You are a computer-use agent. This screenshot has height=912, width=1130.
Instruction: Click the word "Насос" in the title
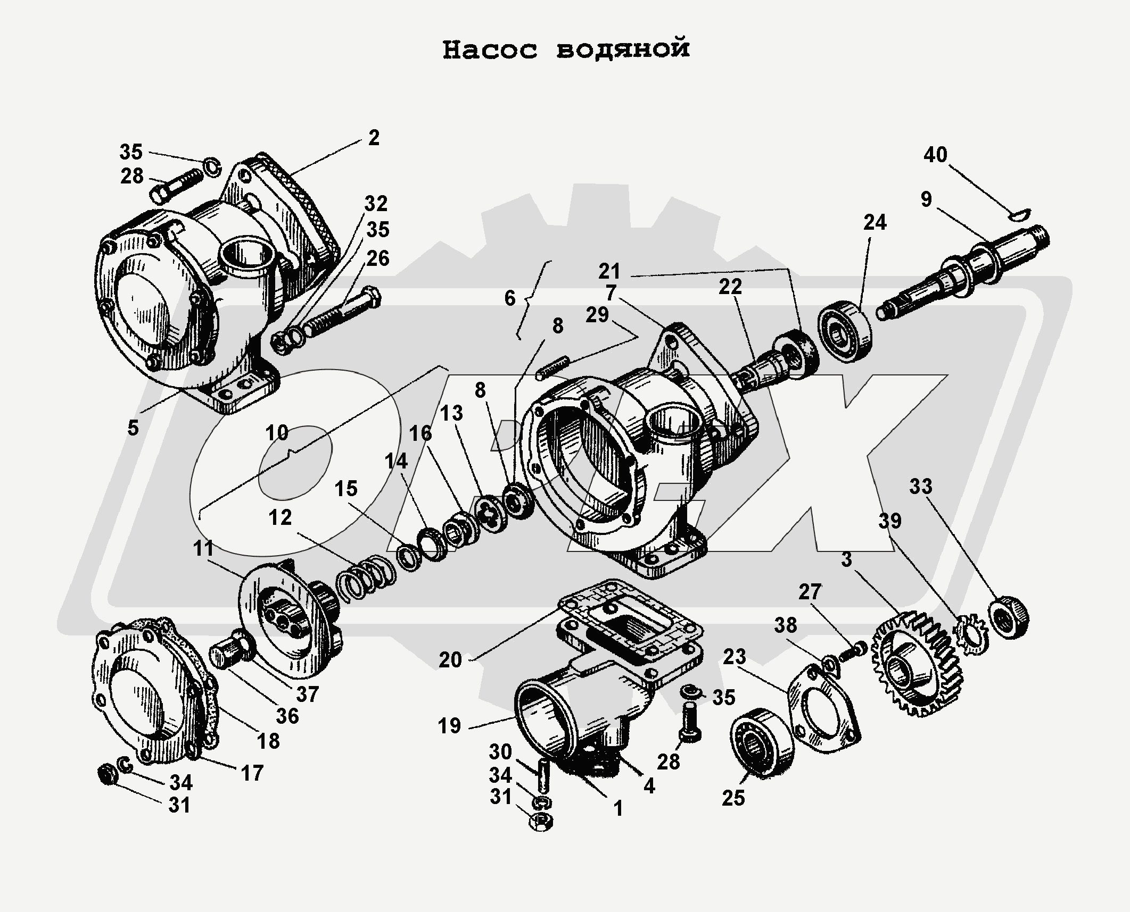click(490, 50)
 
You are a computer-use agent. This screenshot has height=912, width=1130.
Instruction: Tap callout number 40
click(935, 155)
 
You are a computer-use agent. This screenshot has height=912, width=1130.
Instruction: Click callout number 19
click(449, 726)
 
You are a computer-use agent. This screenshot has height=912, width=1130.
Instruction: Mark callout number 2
click(374, 138)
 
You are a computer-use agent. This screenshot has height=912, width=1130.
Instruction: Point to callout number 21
click(609, 272)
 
